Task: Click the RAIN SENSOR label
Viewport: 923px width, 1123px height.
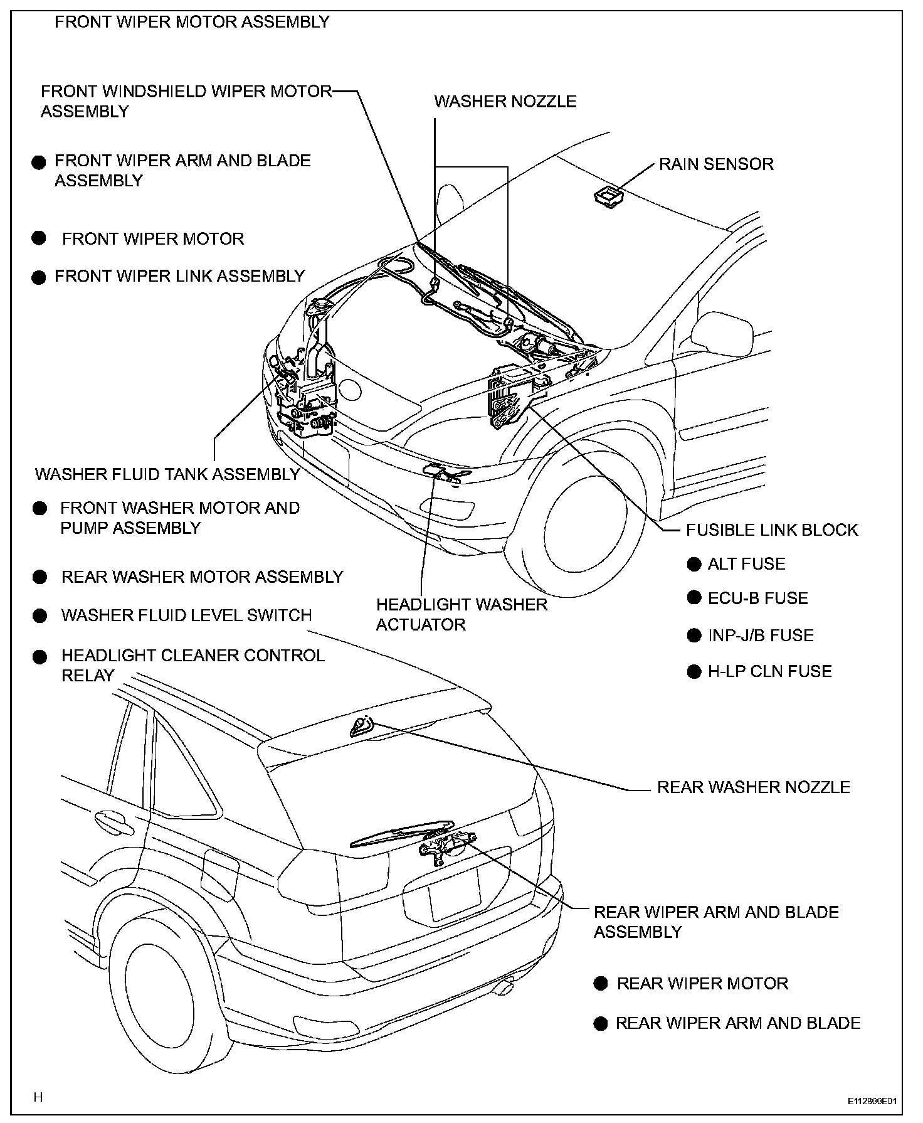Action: click(716, 164)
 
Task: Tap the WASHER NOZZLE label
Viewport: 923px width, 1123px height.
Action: click(505, 102)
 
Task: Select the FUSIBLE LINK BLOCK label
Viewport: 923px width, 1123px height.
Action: click(771, 530)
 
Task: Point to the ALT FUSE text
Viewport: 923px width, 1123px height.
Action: click(746, 564)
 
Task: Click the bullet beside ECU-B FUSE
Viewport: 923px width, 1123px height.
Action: click(694, 598)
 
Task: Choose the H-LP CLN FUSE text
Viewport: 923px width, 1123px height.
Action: click(769, 671)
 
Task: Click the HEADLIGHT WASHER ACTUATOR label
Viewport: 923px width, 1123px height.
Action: click(461, 615)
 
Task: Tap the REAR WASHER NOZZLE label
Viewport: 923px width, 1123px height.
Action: click(753, 787)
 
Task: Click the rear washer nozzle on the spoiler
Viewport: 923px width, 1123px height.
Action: click(362, 725)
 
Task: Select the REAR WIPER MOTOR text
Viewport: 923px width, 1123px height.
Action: click(702, 983)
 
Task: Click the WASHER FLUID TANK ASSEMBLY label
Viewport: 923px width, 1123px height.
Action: click(167, 474)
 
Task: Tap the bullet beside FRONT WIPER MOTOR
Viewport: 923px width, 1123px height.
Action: click(39, 238)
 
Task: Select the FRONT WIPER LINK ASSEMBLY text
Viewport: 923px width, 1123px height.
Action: click(179, 276)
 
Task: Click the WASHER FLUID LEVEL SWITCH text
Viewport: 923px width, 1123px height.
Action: click(186, 615)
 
